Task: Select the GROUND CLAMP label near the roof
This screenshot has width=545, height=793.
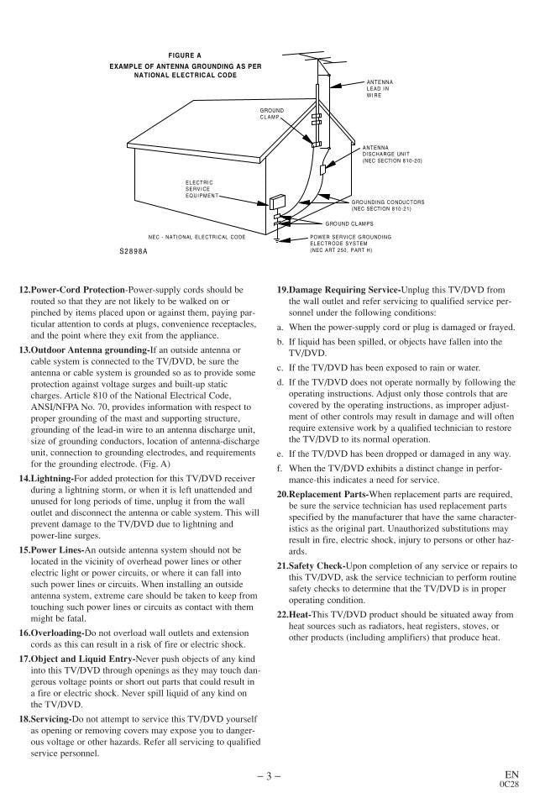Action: click(271, 113)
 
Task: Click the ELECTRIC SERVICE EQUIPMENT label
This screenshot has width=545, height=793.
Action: click(200, 189)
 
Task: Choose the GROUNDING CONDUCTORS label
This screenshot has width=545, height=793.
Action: click(387, 205)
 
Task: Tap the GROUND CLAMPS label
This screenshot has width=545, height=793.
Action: click(349, 224)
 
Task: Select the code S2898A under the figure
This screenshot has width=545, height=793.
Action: click(133, 251)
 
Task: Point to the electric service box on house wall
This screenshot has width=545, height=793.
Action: click(276, 202)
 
